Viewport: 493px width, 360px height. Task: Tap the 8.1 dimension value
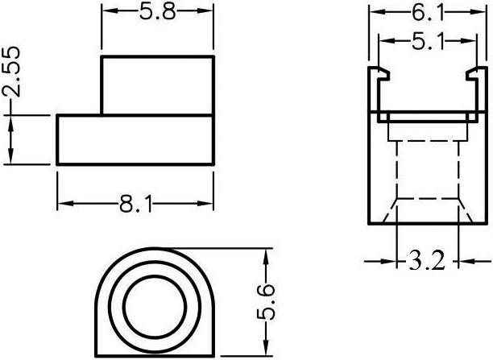135,205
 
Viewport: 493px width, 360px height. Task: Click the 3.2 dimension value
428,262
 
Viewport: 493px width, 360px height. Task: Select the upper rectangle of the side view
157,85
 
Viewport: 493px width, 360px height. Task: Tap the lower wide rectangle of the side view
135,140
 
